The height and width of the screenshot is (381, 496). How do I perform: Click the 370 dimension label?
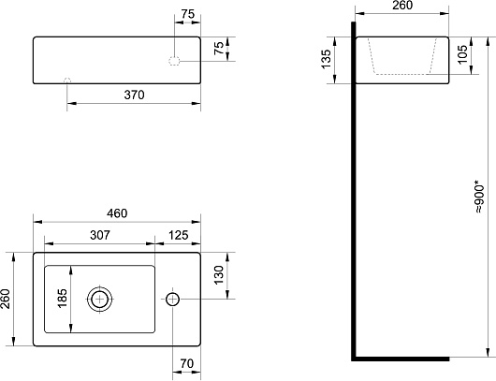[x=134, y=95]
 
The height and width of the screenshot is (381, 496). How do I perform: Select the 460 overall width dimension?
[x=117, y=213]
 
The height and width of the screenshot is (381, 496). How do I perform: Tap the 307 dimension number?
[x=100, y=235]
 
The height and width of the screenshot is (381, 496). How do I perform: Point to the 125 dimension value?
[x=179, y=235]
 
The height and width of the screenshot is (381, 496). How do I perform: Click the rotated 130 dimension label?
[x=219, y=275]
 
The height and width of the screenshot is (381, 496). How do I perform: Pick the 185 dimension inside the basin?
[x=63, y=298]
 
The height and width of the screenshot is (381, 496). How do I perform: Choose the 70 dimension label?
[x=186, y=363]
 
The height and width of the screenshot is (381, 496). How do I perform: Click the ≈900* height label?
[x=479, y=197]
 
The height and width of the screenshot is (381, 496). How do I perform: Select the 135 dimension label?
[x=326, y=59]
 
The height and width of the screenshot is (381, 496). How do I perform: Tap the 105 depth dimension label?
[x=462, y=54]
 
